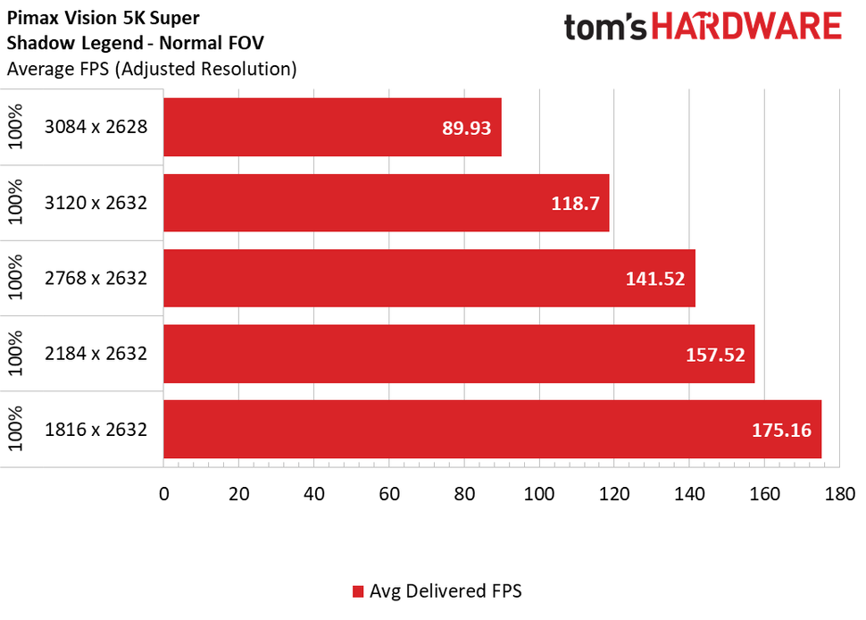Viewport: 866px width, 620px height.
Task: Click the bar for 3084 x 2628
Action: [332, 127]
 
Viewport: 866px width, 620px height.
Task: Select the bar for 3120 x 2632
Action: [386, 203]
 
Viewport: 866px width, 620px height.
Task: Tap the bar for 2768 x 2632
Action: [429, 278]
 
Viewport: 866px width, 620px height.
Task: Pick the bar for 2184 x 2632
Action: [459, 354]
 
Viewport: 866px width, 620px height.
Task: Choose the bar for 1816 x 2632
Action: [492, 430]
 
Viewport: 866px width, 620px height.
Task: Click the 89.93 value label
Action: [467, 127]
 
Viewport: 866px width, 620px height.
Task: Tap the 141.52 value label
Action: [655, 278]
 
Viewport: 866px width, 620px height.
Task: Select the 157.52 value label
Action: [715, 354]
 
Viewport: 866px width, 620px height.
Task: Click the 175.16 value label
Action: [781, 430]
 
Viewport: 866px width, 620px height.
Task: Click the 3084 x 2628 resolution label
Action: [96, 127]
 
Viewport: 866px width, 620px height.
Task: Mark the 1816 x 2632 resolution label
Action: [96, 430]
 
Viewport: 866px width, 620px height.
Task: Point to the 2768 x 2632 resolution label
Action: [96, 278]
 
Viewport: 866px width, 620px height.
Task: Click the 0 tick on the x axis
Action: [164, 493]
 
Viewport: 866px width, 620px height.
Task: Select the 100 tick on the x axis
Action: [539, 493]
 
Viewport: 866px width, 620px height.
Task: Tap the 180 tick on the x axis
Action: [840, 493]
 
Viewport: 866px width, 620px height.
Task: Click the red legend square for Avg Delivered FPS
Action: [358, 591]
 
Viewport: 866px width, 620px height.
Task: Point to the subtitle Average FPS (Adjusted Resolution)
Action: [152, 68]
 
